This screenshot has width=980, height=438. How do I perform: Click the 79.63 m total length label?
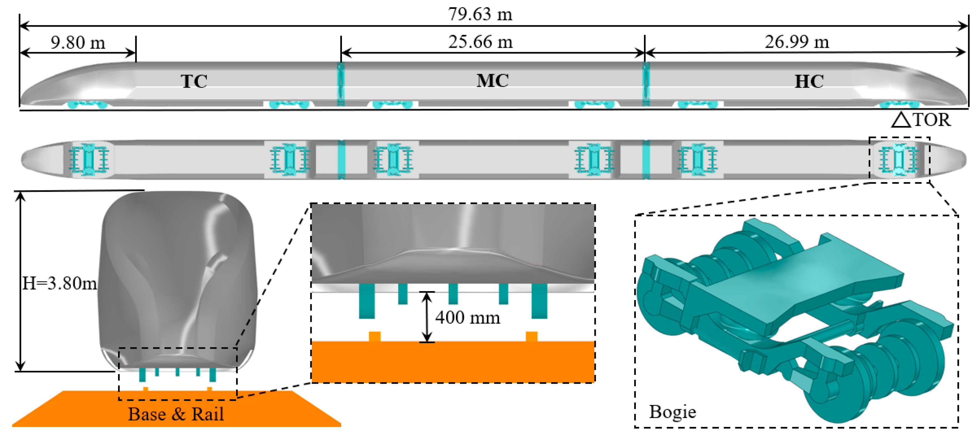(480, 14)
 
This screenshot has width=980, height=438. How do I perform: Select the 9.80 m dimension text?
(78, 42)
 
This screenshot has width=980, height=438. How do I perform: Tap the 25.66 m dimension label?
(480, 42)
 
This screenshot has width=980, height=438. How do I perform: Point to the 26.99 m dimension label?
(797, 42)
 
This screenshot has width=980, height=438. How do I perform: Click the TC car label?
(194, 81)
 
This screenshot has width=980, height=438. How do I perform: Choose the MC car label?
(493, 80)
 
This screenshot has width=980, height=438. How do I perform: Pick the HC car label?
(809, 81)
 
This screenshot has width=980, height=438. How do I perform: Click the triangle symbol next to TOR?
(901, 120)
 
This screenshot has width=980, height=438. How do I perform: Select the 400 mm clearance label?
(467, 318)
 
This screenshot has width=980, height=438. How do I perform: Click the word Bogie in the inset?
(672, 412)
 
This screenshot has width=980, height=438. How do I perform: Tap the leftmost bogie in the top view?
(89, 159)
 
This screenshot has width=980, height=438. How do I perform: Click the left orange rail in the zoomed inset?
(374, 336)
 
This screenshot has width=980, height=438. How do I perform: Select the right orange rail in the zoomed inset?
(531, 336)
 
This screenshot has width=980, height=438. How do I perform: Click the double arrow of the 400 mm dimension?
(427, 317)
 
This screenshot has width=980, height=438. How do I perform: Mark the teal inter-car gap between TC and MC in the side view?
(341, 84)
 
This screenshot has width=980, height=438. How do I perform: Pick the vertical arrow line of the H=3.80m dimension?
(20, 281)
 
